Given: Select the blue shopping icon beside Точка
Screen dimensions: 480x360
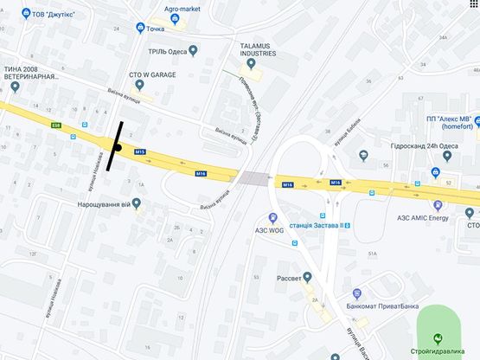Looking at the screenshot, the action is [x=140, y=29].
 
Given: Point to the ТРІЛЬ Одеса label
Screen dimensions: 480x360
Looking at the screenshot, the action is [x=169, y=50].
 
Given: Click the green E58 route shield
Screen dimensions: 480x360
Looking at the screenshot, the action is [x=56, y=125].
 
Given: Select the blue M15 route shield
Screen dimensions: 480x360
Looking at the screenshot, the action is [x=140, y=152].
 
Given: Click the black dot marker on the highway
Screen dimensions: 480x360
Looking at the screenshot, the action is [x=117, y=147].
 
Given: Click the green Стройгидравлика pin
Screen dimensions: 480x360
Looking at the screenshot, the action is [x=437, y=338].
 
